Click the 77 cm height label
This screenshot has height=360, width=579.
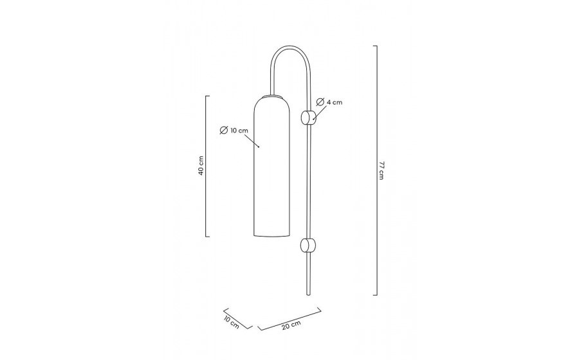click(x=381, y=170)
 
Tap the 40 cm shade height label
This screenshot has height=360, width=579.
click(x=201, y=166)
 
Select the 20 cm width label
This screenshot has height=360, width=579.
click(x=291, y=325)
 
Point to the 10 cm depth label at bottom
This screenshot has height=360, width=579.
click(x=231, y=321)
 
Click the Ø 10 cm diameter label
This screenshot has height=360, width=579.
click(x=234, y=130)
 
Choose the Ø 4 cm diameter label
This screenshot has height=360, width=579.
click(x=329, y=102)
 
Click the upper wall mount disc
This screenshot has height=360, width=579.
click(x=308, y=117)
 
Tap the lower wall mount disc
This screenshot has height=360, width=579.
click(x=308, y=246)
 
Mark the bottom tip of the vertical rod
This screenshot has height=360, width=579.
click(x=309, y=295)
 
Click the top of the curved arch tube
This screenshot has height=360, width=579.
click(x=290, y=47)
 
